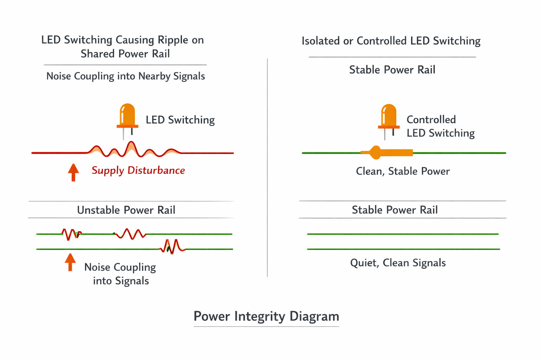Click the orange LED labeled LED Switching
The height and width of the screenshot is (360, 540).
pyautogui.click(x=127, y=116)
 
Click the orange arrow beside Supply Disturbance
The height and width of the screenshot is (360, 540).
pyautogui.click(x=73, y=172)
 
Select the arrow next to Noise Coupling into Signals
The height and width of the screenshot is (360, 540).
pyautogui.click(x=70, y=262)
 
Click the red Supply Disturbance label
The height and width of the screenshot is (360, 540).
pyautogui.click(x=138, y=171)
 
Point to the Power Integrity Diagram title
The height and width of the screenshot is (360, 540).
pyautogui.click(x=266, y=316)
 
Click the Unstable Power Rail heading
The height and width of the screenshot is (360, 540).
pyautogui.click(x=126, y=210)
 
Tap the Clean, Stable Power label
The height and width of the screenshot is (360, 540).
pyautogui.click(x=403, y=171)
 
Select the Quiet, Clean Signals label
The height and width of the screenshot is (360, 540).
pyautogui.click(x=398, y=263)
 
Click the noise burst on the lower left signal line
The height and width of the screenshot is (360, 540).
pyautogui.click(x=173, y=246)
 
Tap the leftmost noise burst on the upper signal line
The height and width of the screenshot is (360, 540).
pyautogui.click(x=71, y=234)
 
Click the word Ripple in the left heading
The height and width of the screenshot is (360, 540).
pyautogui.click(x=172, y=40)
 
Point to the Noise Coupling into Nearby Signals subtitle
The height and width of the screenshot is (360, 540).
pyautogui.click(x=126, y=76)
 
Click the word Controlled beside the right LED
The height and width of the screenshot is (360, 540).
pyautogui.click(x=431, y=120)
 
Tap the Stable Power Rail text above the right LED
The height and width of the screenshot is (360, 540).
pyautogui.click(x=392, y=70)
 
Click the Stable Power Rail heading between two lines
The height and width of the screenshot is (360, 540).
pyautogui.click(x=394, y=210)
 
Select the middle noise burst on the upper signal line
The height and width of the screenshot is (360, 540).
pyautogui.click(x=130, y=234)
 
